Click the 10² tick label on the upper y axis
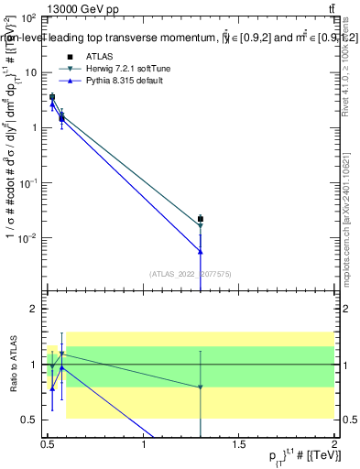[29, 17]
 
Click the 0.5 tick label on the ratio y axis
[28, 420]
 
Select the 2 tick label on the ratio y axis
[33, 309]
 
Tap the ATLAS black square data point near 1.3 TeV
[201, 219]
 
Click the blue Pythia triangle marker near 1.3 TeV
[201, 251]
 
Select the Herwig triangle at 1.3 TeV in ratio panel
[201, 387]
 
